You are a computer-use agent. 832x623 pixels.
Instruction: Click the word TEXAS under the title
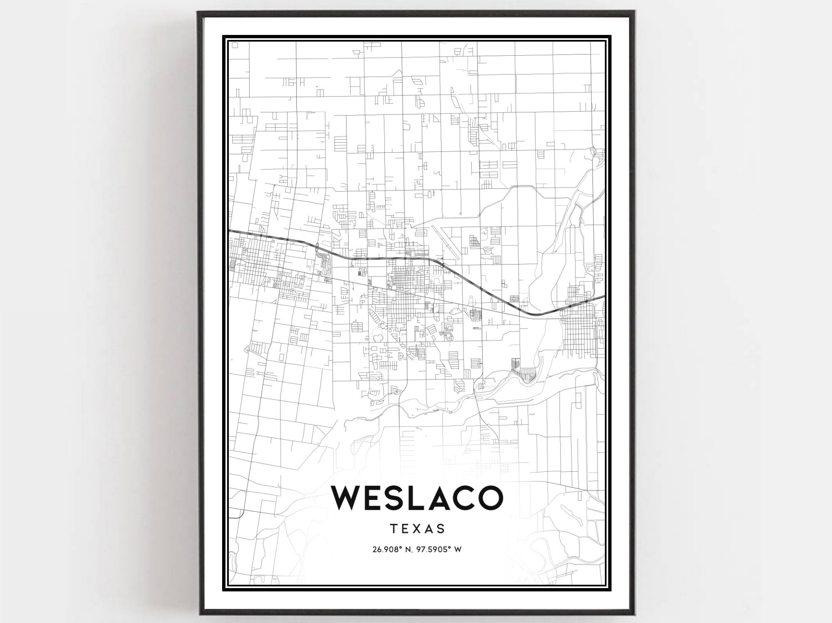point(417,529)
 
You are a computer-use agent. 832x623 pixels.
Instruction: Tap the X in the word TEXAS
point(417,529)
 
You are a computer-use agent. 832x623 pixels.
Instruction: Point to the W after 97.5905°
point(458,549)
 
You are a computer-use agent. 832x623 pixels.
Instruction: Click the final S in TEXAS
point(441,529)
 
